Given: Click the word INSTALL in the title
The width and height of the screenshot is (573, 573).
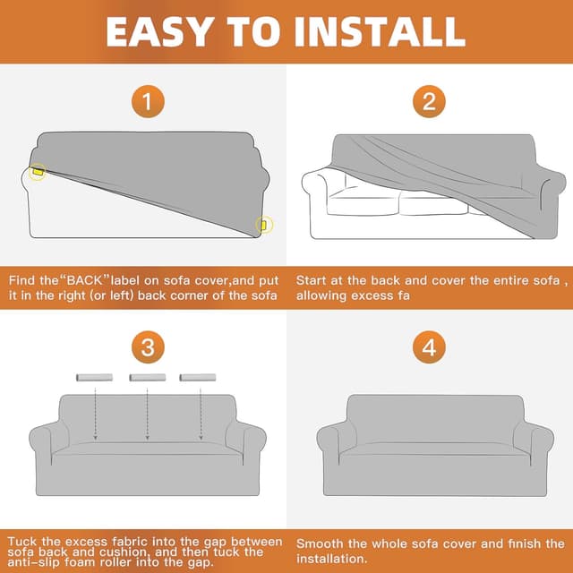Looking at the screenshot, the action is (x=379, y=31).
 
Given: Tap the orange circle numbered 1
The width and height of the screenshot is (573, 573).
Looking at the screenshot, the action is (x=148, y=101).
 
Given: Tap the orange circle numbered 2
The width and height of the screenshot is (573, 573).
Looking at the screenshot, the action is (x=429, y=101).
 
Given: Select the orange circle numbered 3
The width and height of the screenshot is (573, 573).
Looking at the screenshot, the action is (x=148, y=347).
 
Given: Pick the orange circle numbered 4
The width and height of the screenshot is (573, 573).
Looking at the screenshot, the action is (x=429, y=347).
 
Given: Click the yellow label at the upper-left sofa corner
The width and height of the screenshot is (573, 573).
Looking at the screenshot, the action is (x=38, y=171).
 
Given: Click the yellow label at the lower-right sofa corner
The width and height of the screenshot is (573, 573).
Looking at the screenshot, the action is (x=263, y=225).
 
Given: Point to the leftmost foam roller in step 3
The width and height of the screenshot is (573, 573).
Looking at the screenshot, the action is (x=94, y=378).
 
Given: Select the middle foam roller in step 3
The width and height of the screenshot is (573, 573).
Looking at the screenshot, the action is (x=148, y=378).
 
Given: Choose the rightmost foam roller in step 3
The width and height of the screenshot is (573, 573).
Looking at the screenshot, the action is (x=198, y=378).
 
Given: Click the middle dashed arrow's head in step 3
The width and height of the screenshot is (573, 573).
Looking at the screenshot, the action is (x=147, y=438).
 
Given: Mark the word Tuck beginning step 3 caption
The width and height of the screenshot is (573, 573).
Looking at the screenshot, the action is (x=22, y=541).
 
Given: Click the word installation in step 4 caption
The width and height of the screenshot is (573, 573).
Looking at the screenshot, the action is (x=331, y=559).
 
